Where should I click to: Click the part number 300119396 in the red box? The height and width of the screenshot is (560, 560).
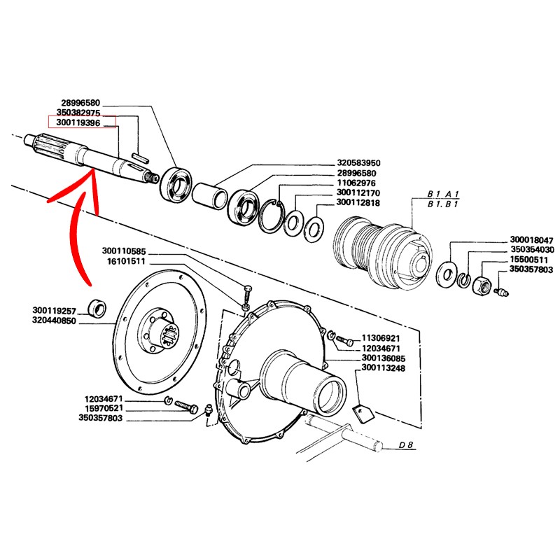click(83, 122)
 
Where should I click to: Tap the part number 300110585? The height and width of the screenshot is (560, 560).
click(123, 251)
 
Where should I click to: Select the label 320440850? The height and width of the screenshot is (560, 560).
click(53, 319)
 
